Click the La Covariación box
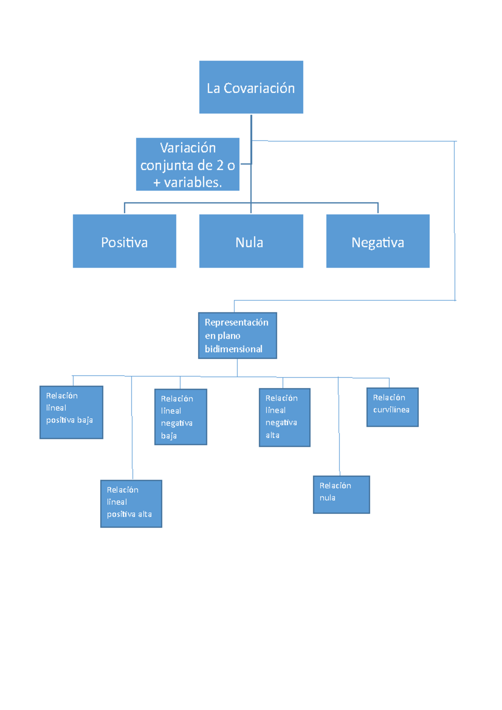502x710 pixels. click(x=251, y=87)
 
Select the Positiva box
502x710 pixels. click(x=124, y=241)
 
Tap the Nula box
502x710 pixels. click(x=251, y=241)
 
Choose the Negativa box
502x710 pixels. click(x=378, y=241)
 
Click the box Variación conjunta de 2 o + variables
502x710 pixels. click(x=187, y=164)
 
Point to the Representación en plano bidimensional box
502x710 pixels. click(x=237, y=335)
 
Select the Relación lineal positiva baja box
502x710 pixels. click(x=71, y=412)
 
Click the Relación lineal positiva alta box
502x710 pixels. click(x=131, y=503)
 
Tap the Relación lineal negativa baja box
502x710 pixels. click(x=180, y=417)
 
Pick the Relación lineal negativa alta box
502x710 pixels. click(x=284, y=417)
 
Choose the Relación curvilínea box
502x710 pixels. click(x=392, y=407)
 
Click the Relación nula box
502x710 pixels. click(x=341, y=494)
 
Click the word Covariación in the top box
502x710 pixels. click(x=259, y=88)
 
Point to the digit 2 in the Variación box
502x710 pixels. click(x=220, y=166)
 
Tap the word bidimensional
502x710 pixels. click(x=233, y=349)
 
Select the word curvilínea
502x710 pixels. click(x=391, y=410)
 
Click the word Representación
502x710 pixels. click(x=236, y=322)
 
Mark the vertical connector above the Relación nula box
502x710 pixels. click(x=339, y=427)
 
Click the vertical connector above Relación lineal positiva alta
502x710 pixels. click(x=132, y=427)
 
